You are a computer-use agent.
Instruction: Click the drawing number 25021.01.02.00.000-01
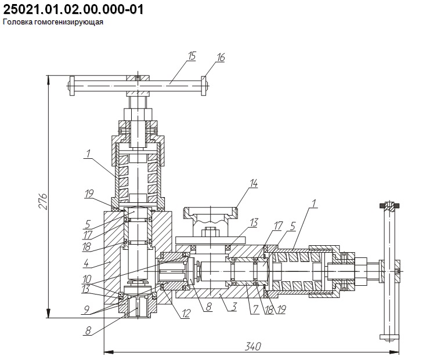[73, 9]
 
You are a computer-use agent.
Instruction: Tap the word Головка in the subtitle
[17, 22]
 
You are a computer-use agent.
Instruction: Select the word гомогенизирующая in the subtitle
[68, 22]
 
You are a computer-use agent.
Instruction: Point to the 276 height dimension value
[44, 201]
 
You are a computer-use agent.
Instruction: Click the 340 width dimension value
[253, 346]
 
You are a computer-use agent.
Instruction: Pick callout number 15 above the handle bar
[192, 56]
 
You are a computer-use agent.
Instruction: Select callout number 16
[221, 57]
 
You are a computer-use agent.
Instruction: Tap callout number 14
[254, 184]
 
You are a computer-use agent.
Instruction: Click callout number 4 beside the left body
[86, 262]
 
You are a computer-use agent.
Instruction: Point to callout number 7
[254, 310]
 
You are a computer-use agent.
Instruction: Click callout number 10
[86, 279]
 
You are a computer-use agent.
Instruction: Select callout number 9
[86, 309]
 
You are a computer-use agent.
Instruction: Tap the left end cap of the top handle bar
[72, 86]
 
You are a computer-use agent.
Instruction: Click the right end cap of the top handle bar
[204, 86]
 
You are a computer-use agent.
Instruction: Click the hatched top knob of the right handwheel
[389, 206]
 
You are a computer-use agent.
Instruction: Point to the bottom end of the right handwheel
[389, 337]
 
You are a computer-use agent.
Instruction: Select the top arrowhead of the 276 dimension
[49, 79]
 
